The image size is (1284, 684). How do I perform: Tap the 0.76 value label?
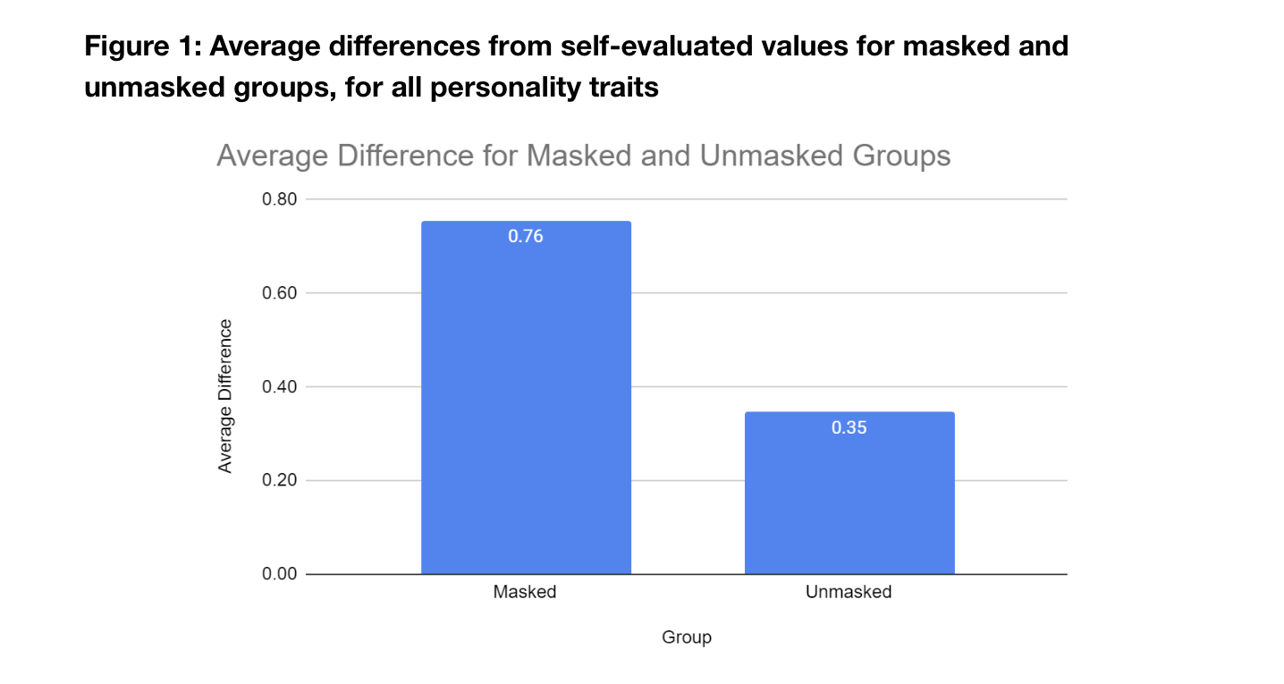[526, 237]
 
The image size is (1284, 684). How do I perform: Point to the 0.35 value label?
[849, 427]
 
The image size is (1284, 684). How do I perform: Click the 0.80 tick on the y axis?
[279, 199]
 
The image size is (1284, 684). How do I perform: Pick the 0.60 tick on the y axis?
[279, 293]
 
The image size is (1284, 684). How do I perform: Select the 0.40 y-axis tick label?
[279, 387]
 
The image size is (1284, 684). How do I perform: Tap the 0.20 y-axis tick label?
[279, 481]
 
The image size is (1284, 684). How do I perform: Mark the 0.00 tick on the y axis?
[279, 574]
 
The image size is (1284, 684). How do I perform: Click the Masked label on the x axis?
[525, 592]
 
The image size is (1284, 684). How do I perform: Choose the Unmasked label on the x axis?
[849, 592]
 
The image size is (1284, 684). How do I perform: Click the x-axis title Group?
[687, 638]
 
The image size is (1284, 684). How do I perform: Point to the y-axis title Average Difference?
[225, 395]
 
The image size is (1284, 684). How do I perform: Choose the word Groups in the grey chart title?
[900, 156]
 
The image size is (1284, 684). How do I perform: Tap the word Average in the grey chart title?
[272, 156]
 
